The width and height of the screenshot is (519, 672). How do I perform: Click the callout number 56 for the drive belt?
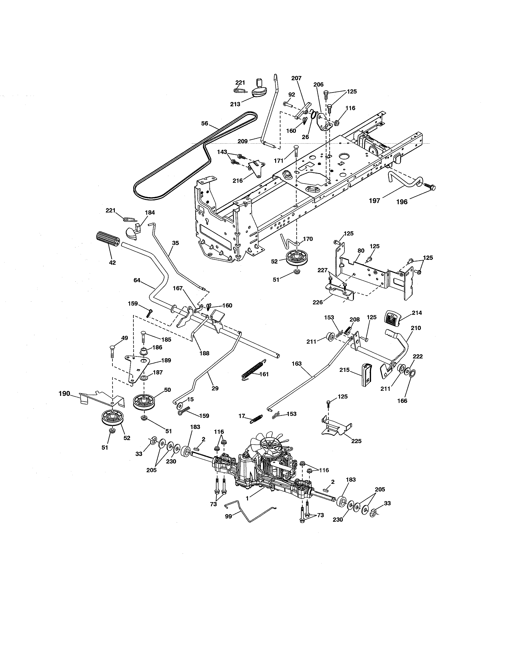tap(205, 124)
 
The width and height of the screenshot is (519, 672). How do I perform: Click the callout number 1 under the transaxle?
tap(247, 497)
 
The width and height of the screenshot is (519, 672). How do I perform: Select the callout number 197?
tap(374, 201)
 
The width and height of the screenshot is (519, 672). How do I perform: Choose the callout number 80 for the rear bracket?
tap(361, 251)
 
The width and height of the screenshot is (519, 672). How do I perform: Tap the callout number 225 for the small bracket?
tap(356, 441)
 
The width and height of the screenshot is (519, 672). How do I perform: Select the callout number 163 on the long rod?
tap(297, 363)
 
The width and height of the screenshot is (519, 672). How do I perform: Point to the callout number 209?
tap(243, 141)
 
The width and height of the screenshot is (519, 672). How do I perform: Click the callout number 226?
tap(318, 302)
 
